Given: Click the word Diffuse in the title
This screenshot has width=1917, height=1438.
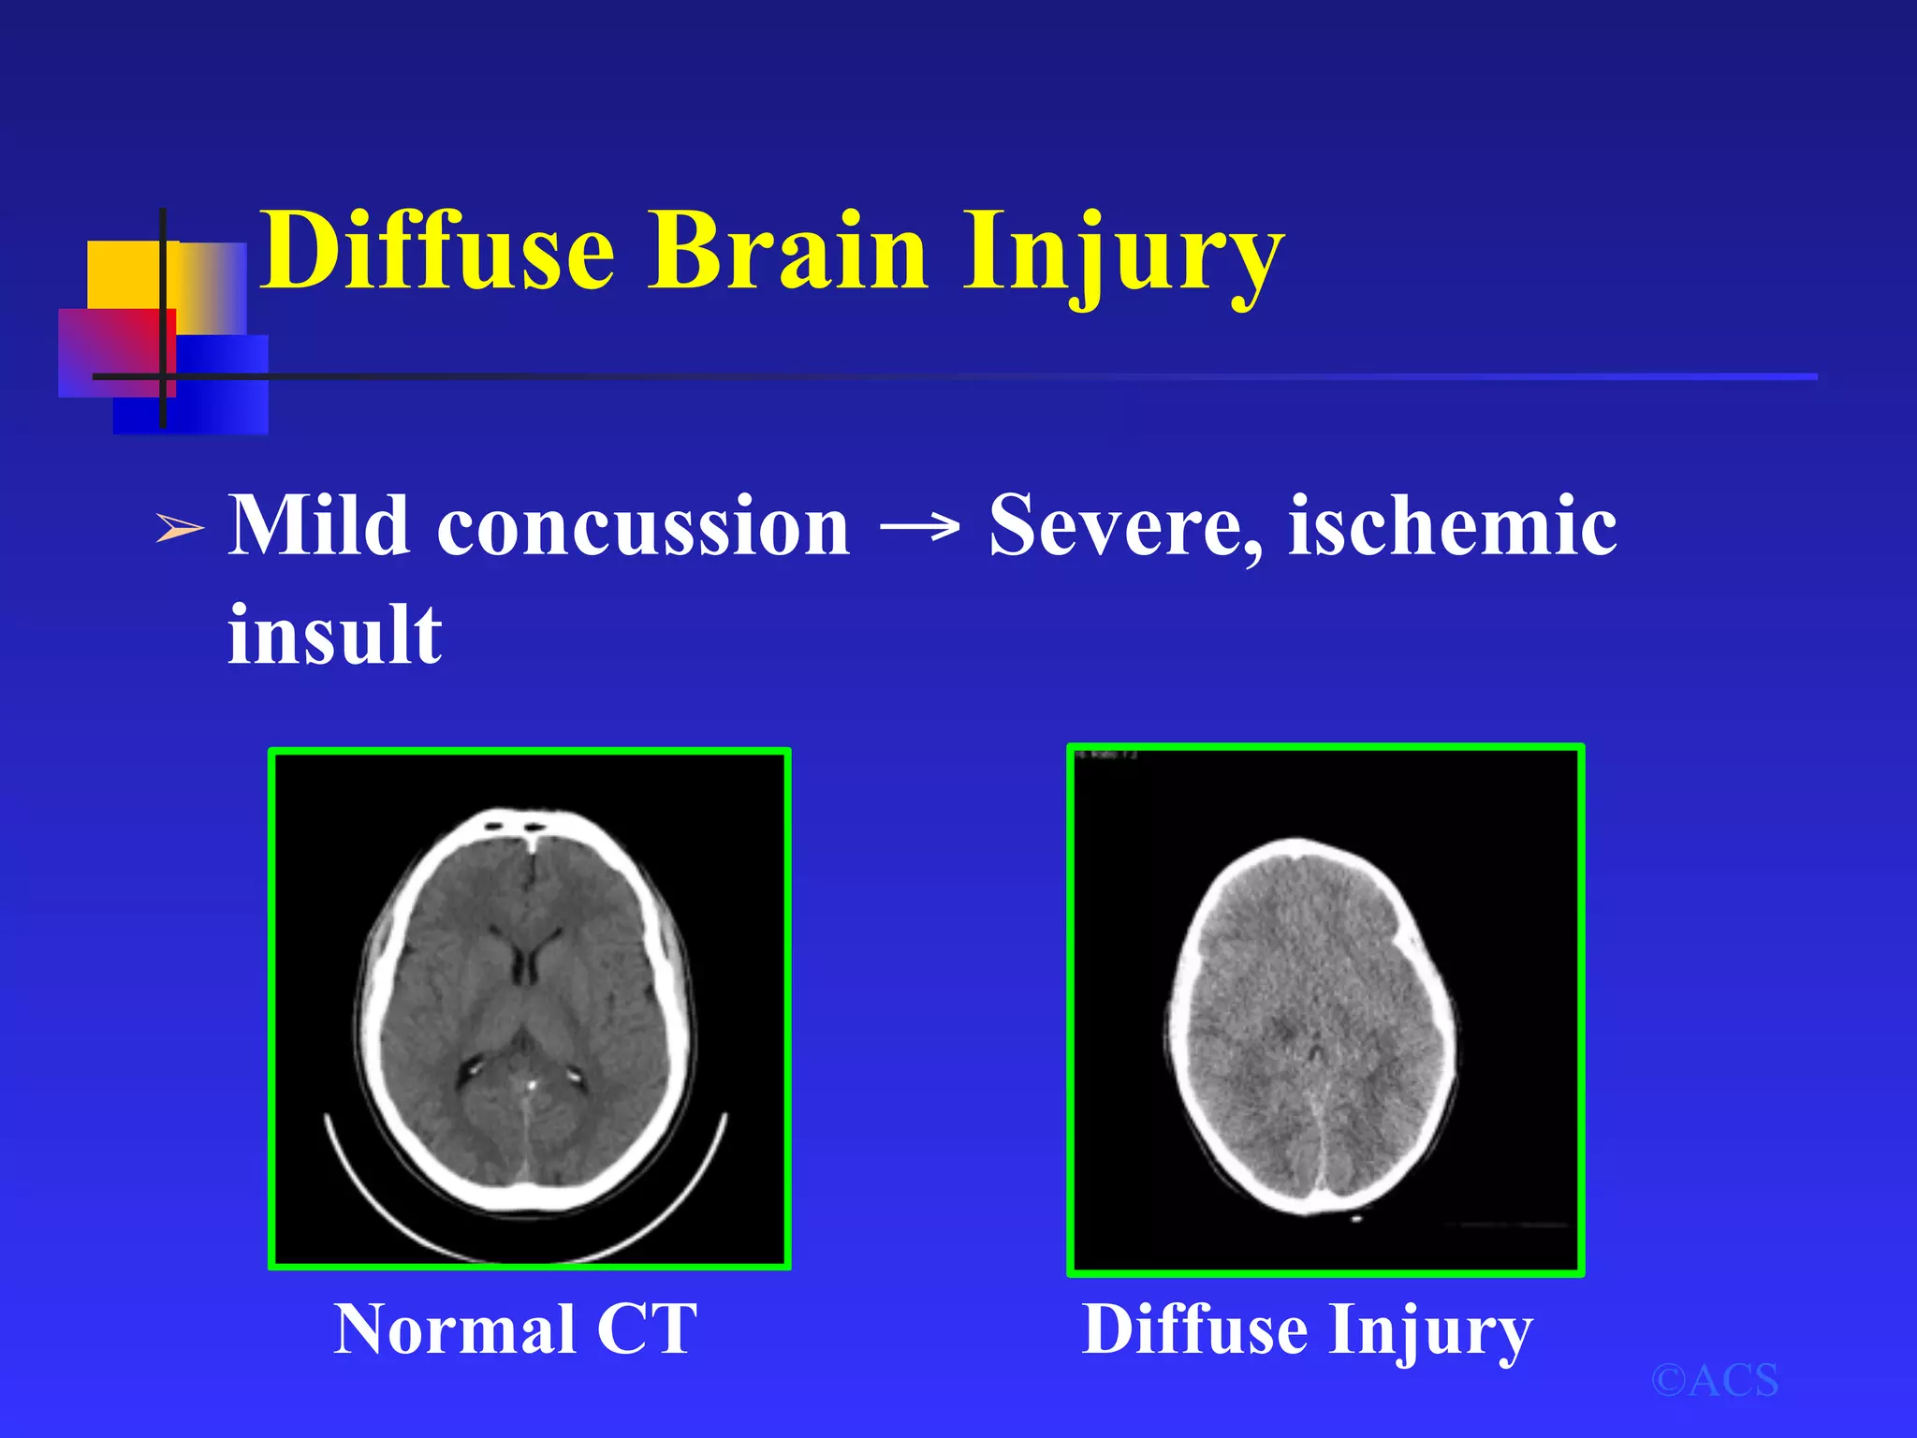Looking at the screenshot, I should [x=437, y=251].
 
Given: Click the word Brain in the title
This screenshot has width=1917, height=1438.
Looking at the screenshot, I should [x=787, y=251].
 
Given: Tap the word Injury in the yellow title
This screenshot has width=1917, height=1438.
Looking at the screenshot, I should [x=1123, y=253].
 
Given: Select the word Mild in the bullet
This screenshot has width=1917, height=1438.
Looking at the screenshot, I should [x=318, y=526].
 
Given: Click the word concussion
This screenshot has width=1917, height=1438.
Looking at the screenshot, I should [x=644, y=528].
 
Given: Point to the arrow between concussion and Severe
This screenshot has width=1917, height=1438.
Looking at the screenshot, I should [x=919, y=528].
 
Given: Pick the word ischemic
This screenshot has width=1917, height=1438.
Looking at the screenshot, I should [x=1453, y=526].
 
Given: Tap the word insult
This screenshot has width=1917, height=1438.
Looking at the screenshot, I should [x=334, y=635].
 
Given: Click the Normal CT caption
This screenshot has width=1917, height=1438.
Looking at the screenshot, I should [x=516, y=1329].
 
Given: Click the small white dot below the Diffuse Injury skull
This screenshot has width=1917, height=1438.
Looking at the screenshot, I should [x=1356, y=1219].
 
